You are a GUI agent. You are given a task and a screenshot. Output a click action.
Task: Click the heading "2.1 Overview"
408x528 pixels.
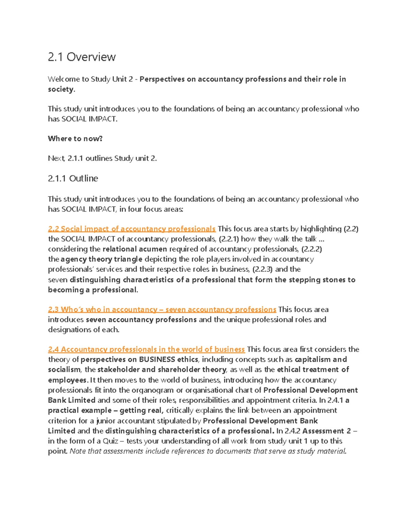coord(82,57)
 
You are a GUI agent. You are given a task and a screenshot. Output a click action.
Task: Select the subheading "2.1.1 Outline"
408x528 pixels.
coord(73,178)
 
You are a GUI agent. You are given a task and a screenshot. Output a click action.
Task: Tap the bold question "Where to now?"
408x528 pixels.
coord(75,138)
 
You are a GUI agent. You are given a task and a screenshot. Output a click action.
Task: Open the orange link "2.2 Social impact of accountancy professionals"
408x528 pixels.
coord(132,229)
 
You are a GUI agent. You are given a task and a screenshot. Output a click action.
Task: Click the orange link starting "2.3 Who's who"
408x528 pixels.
coord(162,309)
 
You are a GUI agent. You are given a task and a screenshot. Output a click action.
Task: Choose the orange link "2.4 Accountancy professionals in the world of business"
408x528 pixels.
coord(146,349)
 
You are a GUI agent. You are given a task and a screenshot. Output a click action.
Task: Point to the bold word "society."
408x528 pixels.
coord(61,89)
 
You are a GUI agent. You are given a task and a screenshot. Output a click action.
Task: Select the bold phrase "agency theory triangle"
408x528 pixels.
coord(102,259)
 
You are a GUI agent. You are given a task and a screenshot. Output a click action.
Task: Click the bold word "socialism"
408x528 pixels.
coord(64,370)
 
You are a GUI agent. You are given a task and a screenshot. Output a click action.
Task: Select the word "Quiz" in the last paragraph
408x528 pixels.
coord(109,441)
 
